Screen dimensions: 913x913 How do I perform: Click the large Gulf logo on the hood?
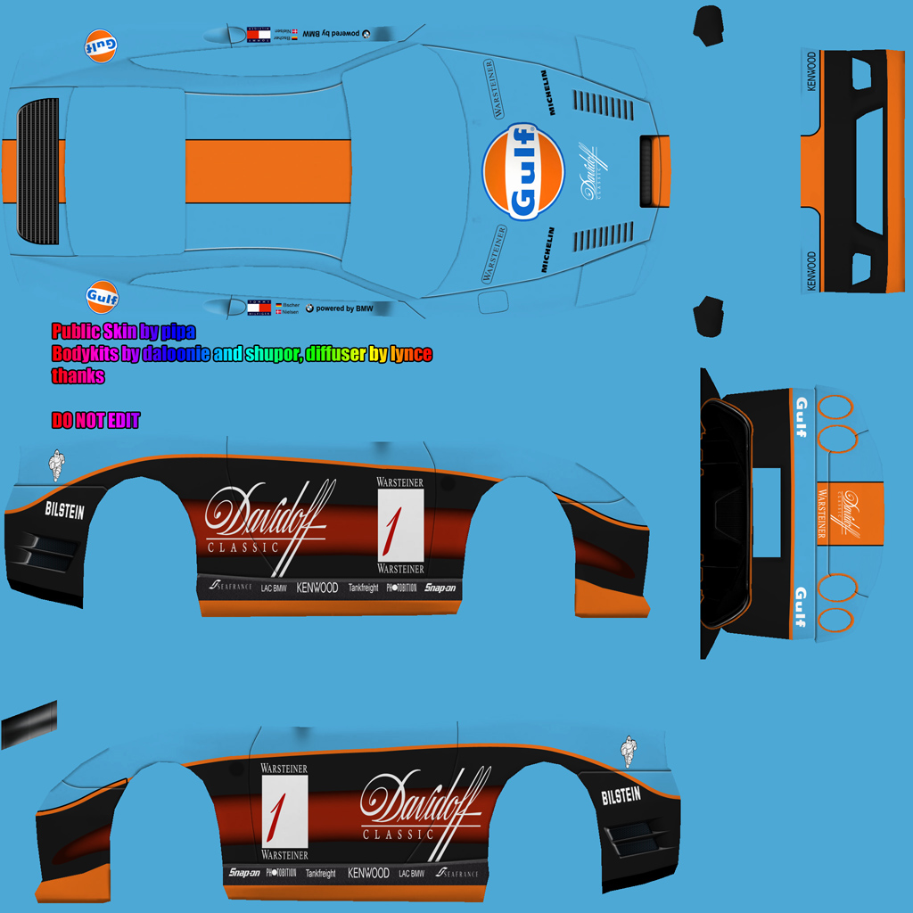[522, 171]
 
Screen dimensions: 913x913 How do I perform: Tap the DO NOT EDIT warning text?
[95, 421]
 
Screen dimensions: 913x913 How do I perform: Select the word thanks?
[78, 376]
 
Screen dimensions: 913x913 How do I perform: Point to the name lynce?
[411, 355]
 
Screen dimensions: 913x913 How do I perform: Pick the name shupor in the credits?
[271, 355]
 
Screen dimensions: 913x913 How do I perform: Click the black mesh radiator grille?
[38, 172]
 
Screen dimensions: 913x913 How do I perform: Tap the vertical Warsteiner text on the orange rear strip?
[822, 514]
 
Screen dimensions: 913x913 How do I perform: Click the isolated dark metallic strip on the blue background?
[29, 724]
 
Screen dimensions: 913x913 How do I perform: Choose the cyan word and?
[228, 355]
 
